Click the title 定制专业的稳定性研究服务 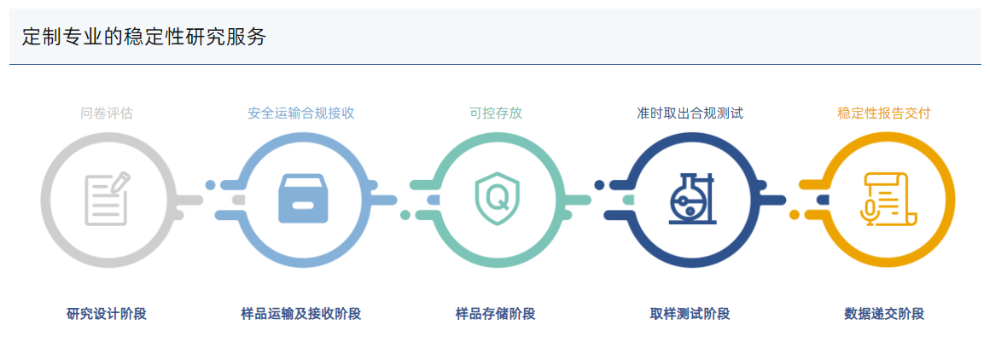[144, 38]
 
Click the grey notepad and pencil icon [108, 199]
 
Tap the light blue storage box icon [302, 199]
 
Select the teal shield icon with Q [496, 199]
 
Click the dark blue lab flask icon [690, 199]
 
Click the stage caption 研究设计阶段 [107, 314]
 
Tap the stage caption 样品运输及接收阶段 [301, 314]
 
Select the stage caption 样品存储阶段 [496, 314]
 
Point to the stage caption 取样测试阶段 [690, 314]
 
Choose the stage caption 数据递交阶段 [884, 314]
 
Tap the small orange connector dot [795, 215]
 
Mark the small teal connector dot [405, 215]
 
